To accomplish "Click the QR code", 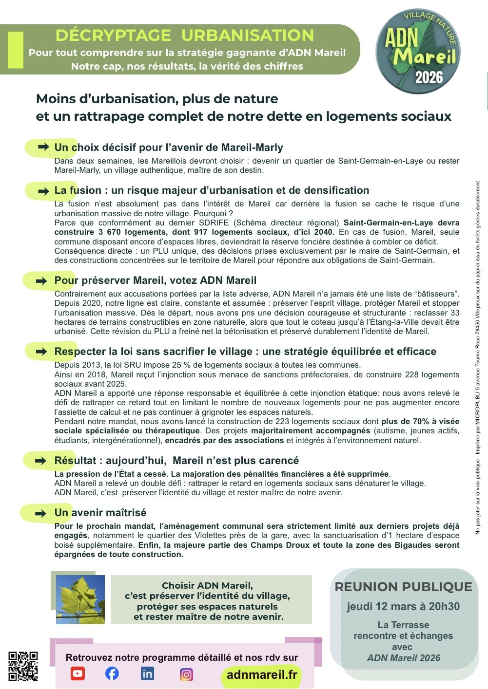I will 23,666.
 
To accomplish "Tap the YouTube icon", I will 78,673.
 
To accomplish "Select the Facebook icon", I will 112,673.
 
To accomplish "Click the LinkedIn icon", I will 147,673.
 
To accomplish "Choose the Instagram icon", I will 186,674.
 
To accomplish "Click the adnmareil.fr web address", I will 262,674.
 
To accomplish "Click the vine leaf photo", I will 80,599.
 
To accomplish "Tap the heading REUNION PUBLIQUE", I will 403,587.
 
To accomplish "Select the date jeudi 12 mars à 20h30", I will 403,606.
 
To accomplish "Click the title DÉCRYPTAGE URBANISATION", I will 184,36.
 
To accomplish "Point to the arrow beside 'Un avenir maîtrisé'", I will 42,513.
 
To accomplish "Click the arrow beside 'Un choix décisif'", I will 43,147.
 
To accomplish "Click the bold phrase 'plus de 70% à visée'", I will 420,421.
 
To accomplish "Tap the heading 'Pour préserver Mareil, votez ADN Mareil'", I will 155,280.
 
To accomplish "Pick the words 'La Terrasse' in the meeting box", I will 403,625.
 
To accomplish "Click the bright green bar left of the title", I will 16,50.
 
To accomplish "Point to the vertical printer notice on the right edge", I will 478,358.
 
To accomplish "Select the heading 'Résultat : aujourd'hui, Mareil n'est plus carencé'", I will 176,461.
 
